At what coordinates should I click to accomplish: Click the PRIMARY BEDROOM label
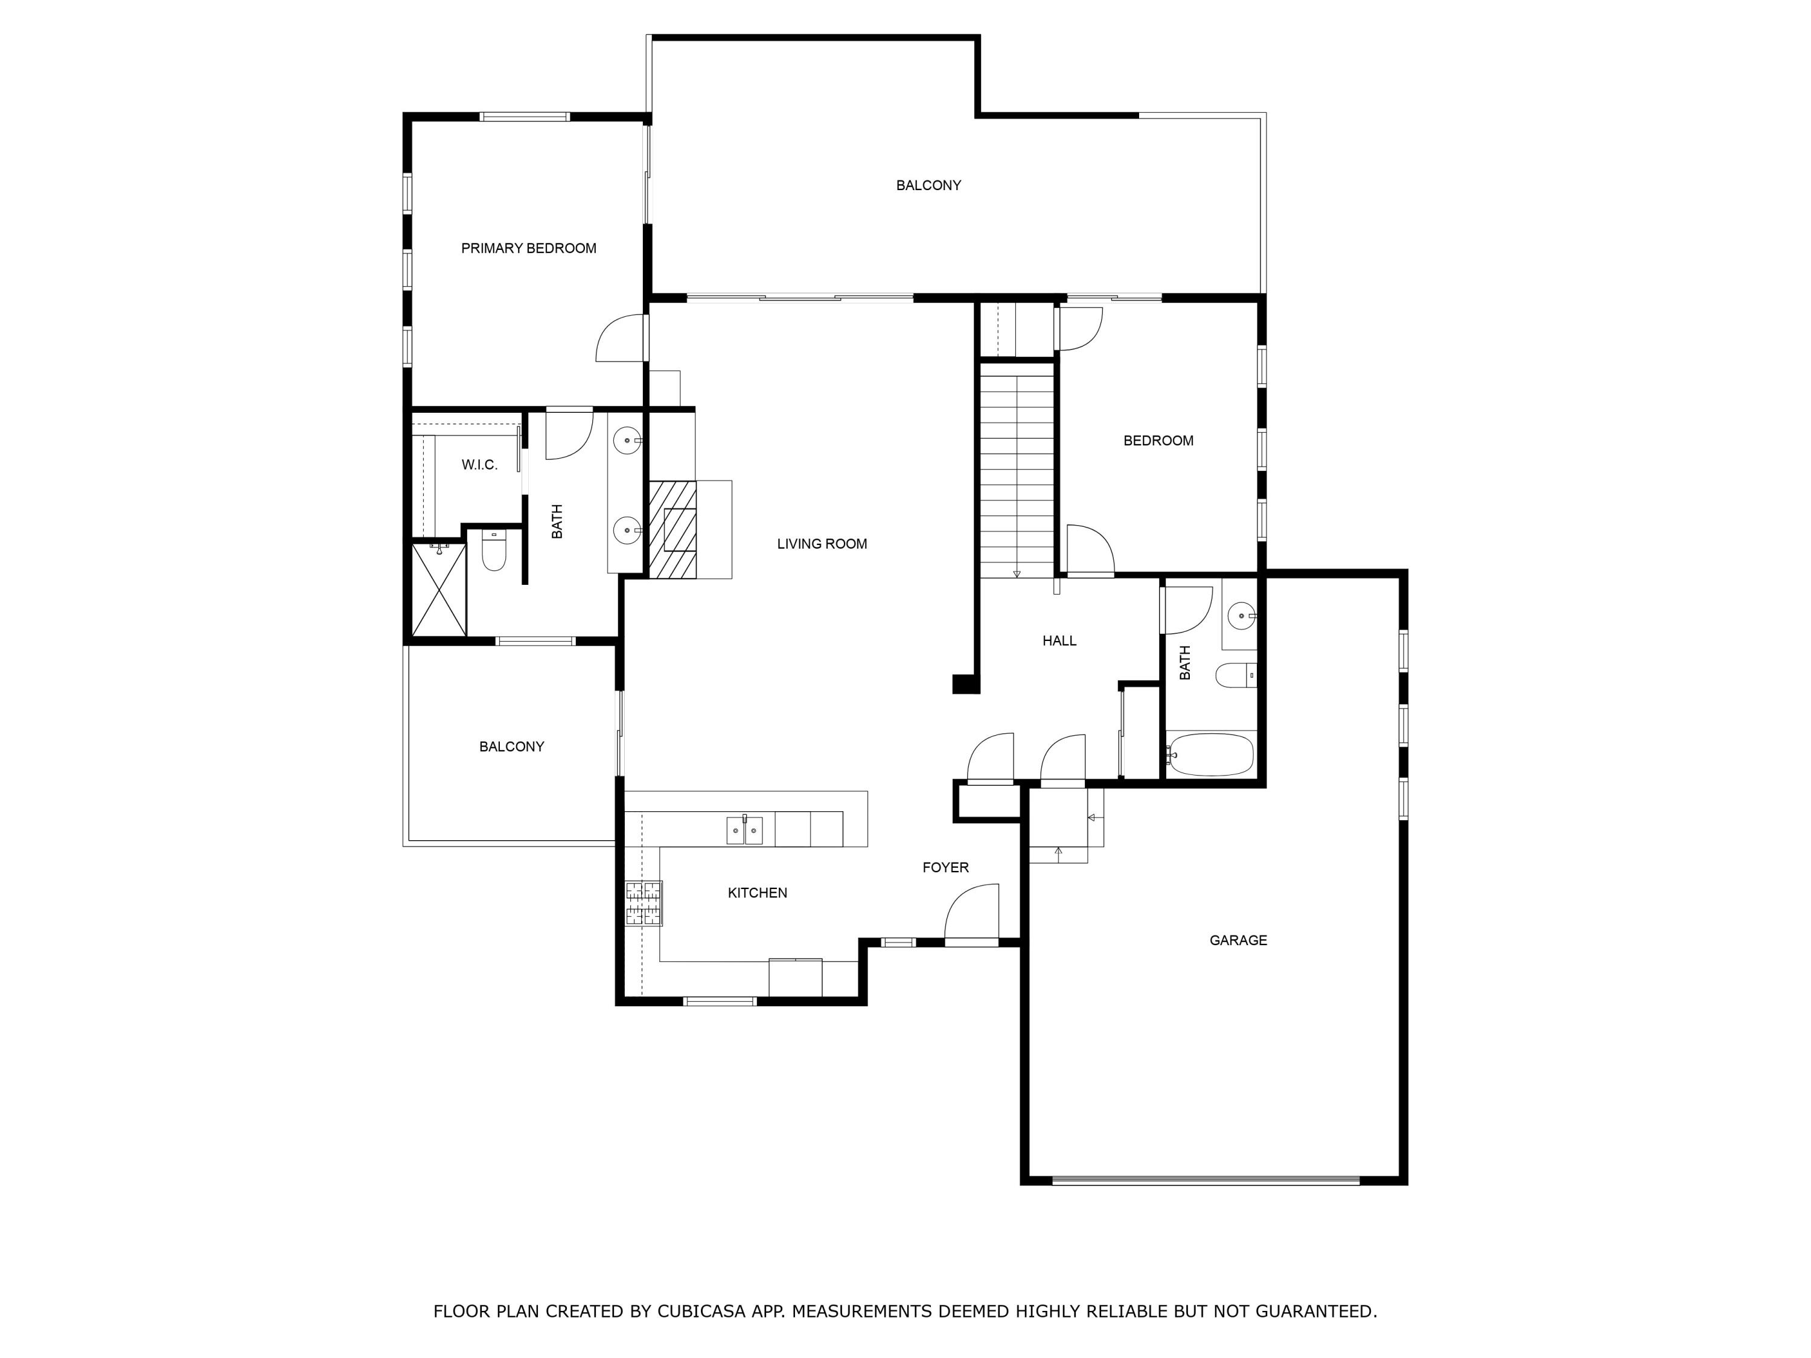pyautogui.click(x=528, y=248)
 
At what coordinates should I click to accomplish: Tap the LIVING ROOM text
pyautogui.click(x=822, y=544)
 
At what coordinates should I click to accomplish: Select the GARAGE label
pyautogui.click(x=1238, y=940)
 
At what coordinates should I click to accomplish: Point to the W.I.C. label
pyautogui.click(x=479, y=465)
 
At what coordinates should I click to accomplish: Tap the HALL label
pyautogui.click(x=1059, y=641)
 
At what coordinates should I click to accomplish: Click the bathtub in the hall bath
pyautogui.click(x=1210, y=754)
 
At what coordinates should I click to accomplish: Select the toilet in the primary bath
pyautogui.click(x=494, y=551)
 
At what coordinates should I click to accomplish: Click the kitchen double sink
pyautogui.click(x=744, y=830)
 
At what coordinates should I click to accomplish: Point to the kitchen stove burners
pyautogui.click(x=644, y=903)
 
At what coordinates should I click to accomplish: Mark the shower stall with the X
pyautogui.click(x=439, y=589)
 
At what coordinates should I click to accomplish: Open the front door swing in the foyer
pyautogui.click(x=972, y=914)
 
